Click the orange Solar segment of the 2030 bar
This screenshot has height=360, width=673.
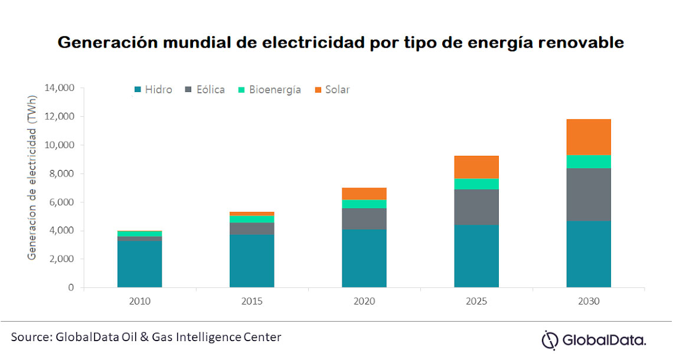point(589,137)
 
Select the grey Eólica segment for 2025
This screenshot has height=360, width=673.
point(476,207)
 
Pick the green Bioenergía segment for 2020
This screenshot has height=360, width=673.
point(364,204)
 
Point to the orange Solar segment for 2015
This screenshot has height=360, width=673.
point(252,214)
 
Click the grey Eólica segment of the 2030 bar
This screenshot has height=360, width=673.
point(589,195)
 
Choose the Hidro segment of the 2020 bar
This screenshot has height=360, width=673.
point(364,258)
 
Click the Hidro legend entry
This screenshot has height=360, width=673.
point(153,90)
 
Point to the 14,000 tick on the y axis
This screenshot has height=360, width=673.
point(59,88)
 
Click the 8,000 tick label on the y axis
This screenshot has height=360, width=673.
point(61,174)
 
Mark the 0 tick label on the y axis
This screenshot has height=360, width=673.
point(71,287)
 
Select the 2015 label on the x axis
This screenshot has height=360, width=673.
point(252,301)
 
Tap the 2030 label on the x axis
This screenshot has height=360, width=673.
point(589,301)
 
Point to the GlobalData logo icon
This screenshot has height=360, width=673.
point(550,339)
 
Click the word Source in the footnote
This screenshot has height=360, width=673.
point(29,337)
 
